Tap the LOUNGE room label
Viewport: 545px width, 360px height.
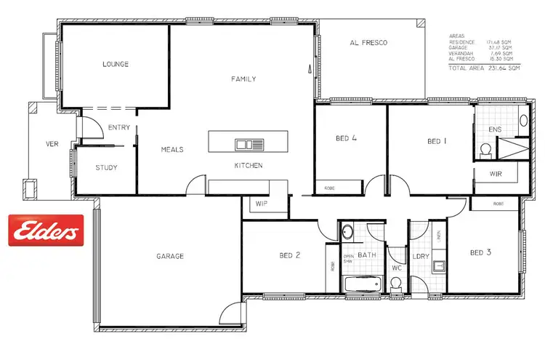pos(115,64)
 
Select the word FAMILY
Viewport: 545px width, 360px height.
pos(243,79)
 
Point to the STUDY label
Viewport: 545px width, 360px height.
pos(106,168)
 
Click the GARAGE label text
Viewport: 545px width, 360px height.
pos(169,256)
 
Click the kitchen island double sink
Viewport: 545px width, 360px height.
pos(243,143)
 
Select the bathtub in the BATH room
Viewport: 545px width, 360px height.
pos(363,286)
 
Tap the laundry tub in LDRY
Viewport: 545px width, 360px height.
pos(438,266)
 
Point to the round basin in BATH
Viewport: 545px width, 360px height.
pos(347,233)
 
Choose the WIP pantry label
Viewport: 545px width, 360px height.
pos(262,204)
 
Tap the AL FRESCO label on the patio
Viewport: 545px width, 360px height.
pos(368,43)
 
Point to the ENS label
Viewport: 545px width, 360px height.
pos(495,129)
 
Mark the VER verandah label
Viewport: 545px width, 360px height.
pos(52,144)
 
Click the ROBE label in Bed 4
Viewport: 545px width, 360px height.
pos(328,188)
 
